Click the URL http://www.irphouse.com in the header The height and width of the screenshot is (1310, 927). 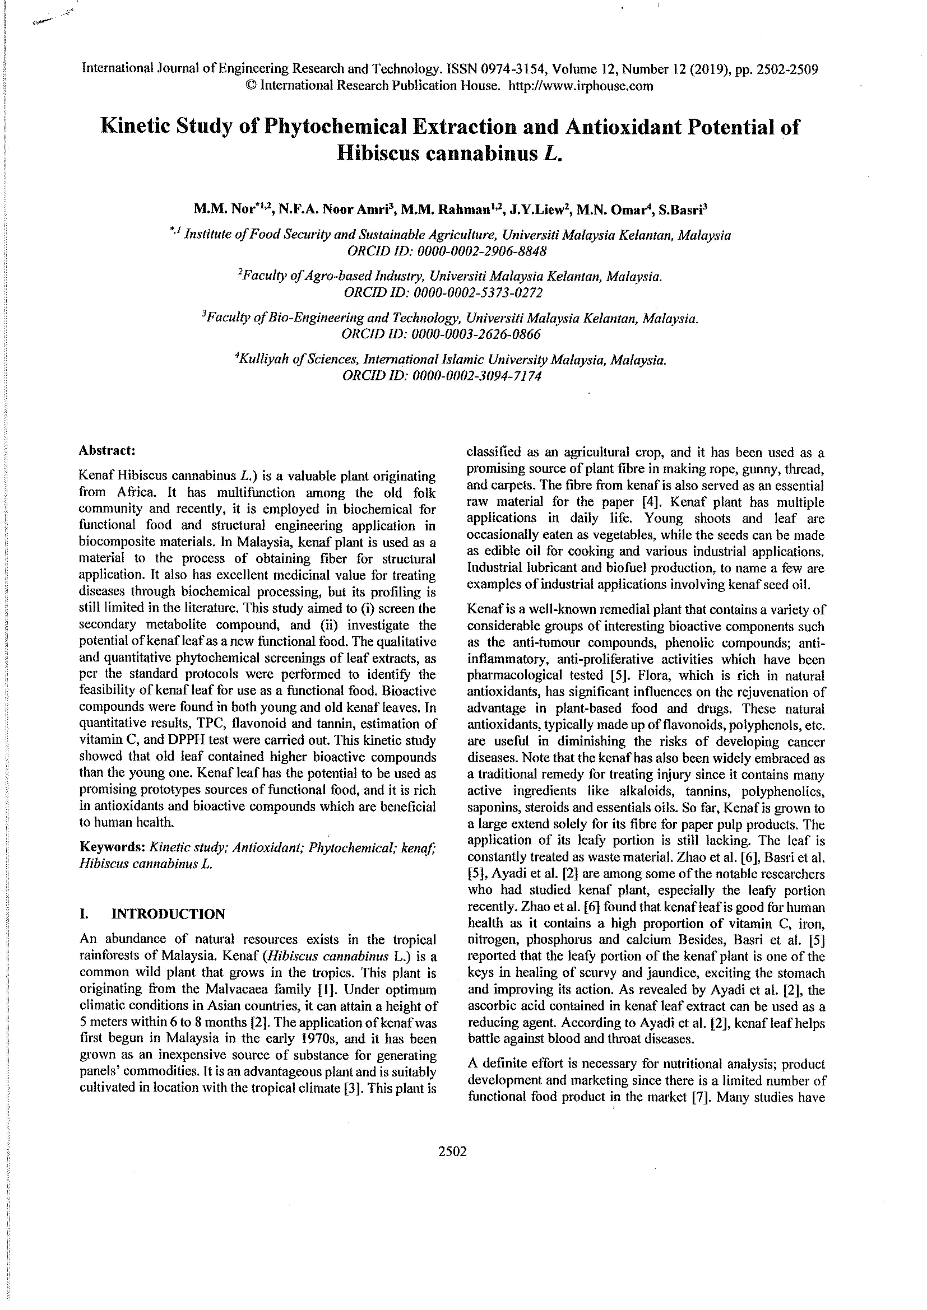pyautogui.click(x=580, y=86)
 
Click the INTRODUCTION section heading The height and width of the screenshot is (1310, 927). pyautogui.click(x=168, y=914)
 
